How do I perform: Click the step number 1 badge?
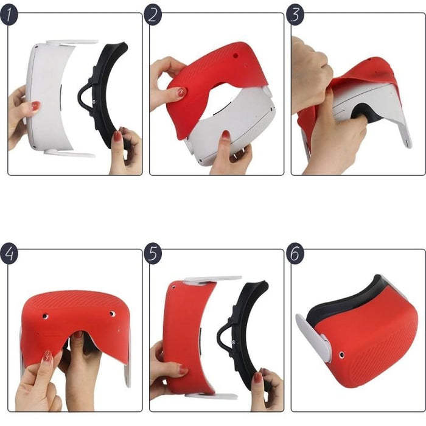[9, 15]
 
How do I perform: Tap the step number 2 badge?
[153, 15]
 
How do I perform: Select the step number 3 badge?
[295, 15]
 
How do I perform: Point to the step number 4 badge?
[9, 253]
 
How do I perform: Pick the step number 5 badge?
[153, 253]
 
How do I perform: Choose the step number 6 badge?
[295, 253]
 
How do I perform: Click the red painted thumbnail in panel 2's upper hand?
[181, 92]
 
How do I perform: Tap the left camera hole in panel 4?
[46, 316]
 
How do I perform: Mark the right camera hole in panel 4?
[112, 314]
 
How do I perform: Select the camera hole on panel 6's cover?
[341, 354]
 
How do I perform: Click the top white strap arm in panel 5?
[212, 279]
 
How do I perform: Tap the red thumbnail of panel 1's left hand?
[36, 106]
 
